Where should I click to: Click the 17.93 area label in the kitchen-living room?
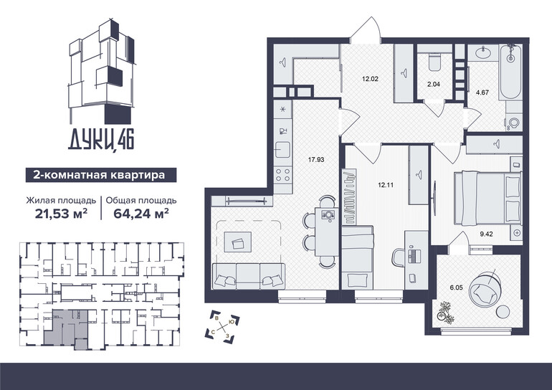coord(315,160)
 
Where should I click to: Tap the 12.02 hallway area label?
coord(370,79)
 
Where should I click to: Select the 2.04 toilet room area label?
coord(434,85)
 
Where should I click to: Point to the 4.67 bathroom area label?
coord(482,93)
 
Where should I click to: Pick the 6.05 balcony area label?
coord(456,287)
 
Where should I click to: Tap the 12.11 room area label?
coord(386,185)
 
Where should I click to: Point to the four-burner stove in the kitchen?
coord(282,174)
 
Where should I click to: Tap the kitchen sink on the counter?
coord(282,150)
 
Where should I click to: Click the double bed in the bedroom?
coord(487,198)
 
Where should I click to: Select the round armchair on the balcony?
coord(485,289)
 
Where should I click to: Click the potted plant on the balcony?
coord(444,312)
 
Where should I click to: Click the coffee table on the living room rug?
coord(238,242)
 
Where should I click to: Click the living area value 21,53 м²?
coord(61,214)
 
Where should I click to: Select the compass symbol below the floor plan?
coord(222,325)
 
